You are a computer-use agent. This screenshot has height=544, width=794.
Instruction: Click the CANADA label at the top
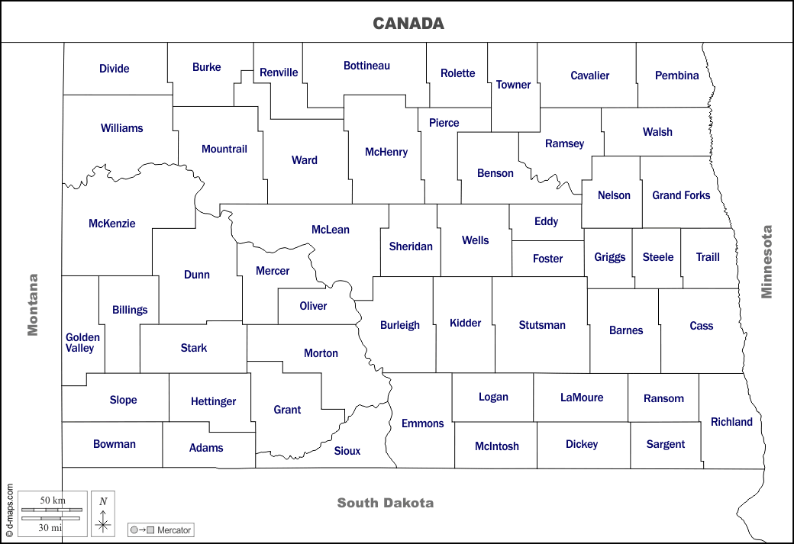coord(408,24)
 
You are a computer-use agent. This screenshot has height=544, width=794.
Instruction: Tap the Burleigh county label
coord(400,325)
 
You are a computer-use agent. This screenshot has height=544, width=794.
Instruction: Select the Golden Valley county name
coord(82,343)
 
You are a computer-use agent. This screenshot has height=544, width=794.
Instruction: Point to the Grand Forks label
coord(681,195)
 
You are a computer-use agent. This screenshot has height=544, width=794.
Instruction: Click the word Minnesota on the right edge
coord(767,262)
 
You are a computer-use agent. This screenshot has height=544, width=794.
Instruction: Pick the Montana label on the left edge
coord(32,304)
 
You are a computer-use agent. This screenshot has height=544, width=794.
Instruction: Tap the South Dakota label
coord(385,503)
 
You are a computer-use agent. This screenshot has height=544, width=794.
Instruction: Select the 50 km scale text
coord(52,500)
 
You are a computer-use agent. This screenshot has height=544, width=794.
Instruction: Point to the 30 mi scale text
coord(51,527)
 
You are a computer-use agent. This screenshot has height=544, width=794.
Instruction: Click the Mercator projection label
coord(174,530)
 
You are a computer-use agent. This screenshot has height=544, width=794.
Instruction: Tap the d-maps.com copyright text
coord(10,510)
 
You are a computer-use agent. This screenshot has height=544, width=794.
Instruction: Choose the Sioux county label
coord(347,451)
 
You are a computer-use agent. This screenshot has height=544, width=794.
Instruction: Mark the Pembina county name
coord(676,76)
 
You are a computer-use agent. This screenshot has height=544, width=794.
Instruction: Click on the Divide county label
coord(115,69)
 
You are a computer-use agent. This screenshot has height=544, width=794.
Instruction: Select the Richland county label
coord(731,422)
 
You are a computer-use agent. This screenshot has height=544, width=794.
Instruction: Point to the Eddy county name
coord(546,221)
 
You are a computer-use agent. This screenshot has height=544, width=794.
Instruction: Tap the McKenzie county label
coord(112,224)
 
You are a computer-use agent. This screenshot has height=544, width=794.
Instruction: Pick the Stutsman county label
coord(542,325)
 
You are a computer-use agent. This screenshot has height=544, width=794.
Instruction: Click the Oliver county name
coord(313,306)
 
